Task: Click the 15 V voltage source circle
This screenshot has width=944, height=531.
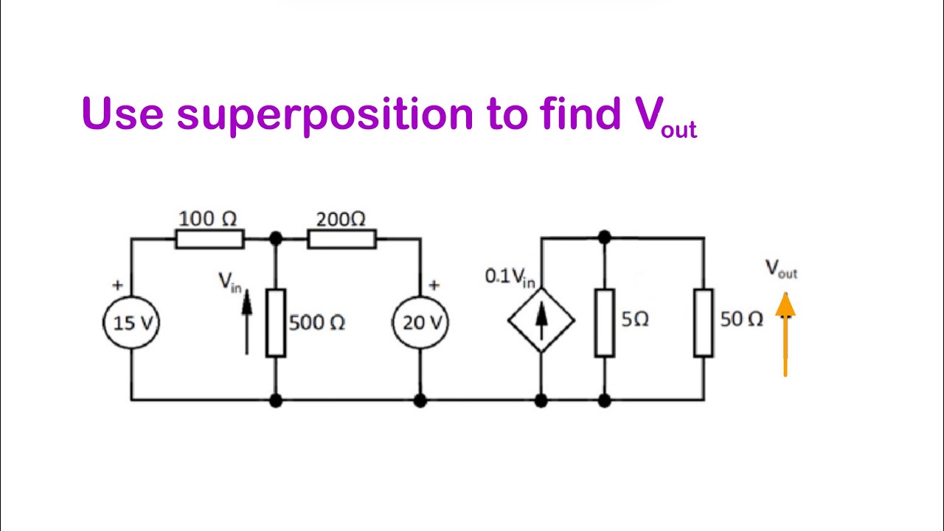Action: pos(131,323)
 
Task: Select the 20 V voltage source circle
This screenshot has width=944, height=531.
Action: pos(420,323)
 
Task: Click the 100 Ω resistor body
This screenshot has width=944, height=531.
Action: pos(209,238)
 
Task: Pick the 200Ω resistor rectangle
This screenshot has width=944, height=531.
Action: pos(341,238)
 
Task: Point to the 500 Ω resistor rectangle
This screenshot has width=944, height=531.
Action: pos(275,323)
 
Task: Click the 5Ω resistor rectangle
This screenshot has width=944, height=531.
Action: pos(605,323)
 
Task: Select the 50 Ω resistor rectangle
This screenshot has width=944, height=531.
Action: pos(704,323)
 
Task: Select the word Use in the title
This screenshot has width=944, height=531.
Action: pos(122,114)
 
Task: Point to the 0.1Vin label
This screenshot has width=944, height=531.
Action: pos(510,277)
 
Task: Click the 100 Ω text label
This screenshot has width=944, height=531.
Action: pos(208,218)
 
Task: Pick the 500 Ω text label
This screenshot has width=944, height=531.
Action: pos(317,323)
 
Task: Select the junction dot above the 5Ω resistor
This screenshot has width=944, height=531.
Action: pos(605,237)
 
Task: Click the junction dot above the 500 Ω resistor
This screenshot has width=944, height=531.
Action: pos(275,238)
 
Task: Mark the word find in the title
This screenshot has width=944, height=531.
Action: pos(580,114)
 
